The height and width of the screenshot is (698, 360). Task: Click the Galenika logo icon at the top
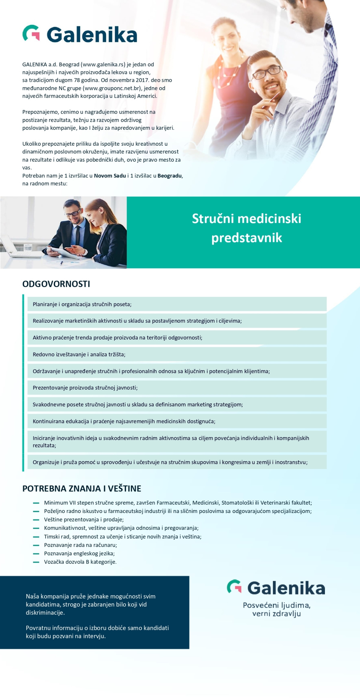pos(31,33)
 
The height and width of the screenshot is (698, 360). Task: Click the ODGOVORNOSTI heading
pos(56,284)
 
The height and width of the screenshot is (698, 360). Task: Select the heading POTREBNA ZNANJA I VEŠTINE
pos(82,488)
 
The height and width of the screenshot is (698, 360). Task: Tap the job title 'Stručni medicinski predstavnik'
pos(246,228)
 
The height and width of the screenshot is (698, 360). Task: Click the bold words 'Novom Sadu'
pos(110,176)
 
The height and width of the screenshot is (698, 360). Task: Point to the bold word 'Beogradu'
pos(170,176)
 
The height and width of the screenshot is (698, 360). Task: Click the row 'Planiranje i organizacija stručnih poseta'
pos(82,304)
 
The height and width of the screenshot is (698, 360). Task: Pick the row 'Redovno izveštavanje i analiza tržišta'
pos(79,354)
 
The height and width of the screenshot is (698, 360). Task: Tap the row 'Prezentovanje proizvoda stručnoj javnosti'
pos(85,388)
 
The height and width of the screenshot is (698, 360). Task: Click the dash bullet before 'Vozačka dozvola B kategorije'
pos(36,562)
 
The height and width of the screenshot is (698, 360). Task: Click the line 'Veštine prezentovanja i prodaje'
pos(84,520)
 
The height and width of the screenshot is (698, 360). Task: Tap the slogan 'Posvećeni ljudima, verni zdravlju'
pos(276,609)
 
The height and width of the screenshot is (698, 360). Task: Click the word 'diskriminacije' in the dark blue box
pos(45,613)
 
